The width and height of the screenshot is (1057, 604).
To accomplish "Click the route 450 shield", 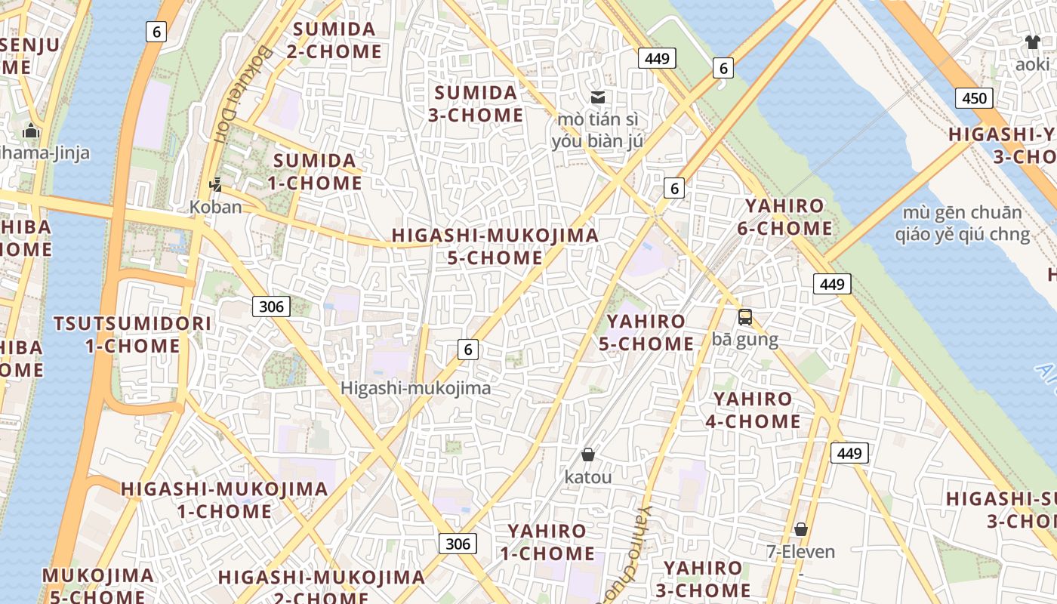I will click(x=974, y=97).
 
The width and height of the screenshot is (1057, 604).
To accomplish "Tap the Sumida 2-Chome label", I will click(x=334, y=41).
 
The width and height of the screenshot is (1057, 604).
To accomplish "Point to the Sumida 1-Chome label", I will click(x=315, y=172).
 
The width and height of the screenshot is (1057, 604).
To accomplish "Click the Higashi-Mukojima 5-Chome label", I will click(x=495, y=246).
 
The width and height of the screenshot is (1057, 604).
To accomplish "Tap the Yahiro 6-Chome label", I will click(x=785, y=217).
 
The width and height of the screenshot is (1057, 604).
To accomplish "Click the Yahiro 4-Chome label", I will click(x=753, y=410).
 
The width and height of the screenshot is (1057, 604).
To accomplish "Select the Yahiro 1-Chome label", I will click(x=546, y=542).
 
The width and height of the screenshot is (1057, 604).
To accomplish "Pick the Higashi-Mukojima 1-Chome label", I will click(x=225, y=500).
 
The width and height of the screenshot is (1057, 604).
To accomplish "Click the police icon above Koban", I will click(x=216, y=183).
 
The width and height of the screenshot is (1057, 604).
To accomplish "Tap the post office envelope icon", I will click(x=598, y=97).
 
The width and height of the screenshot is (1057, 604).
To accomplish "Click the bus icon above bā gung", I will click(x=745, y=317).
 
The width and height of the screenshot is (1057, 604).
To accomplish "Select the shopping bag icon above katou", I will click(x=588, y=455).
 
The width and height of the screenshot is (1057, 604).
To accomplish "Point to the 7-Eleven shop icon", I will click(x=801, y=529).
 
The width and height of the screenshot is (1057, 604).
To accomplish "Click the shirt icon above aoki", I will click(x=1032, y=42).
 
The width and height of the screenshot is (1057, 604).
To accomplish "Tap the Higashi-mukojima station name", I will click(x=415, y=388).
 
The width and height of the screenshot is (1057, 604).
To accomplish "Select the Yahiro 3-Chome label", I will click(x=707, y=578).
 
